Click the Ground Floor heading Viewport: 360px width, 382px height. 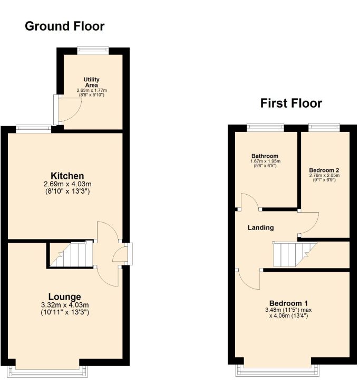(x=65, y=26)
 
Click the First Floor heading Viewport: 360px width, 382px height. (x=291, y=103)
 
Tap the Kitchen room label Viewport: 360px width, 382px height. (x=67, y=176)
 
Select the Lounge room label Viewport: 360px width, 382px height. (x=65, y=297)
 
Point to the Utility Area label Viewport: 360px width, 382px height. (x=92, y=82)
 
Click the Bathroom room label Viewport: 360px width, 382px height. (x=265, y=156)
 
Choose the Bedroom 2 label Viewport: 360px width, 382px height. (x=324, y=170)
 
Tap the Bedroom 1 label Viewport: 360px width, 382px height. (x=288, y=303)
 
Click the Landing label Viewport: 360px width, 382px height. (x=261, y=227)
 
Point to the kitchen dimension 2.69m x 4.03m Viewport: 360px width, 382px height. (x=67, y=184)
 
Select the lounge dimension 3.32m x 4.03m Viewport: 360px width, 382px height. (x=65, y=305)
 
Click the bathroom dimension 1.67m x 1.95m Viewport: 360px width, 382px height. (x=265, y=161)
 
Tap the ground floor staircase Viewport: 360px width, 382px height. (x=71, y=254)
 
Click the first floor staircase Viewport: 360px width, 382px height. (x=295, y=254)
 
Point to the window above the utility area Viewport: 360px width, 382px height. (x=93, y=50)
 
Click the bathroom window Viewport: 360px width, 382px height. (x=266, y=127)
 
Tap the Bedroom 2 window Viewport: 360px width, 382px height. (x=324, y=127)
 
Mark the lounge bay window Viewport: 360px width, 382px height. (x=47, y=371)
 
